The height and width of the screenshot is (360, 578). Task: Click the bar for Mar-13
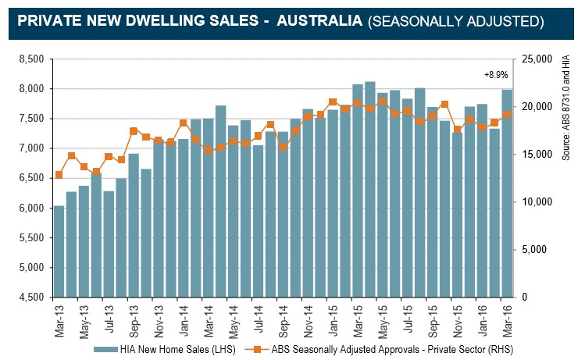[x=59, y=251]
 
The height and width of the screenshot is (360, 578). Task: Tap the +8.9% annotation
[x=497, y=75]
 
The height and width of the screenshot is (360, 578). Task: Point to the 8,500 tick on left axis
[x=31, y=59]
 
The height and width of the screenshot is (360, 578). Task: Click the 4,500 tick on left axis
[x=31, y=298]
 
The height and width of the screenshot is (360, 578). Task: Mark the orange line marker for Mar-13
[x=59, y=175]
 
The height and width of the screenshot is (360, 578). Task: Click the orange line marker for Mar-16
[x=506, y=114]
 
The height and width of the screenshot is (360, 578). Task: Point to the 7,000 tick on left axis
[x=31, y=148]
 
